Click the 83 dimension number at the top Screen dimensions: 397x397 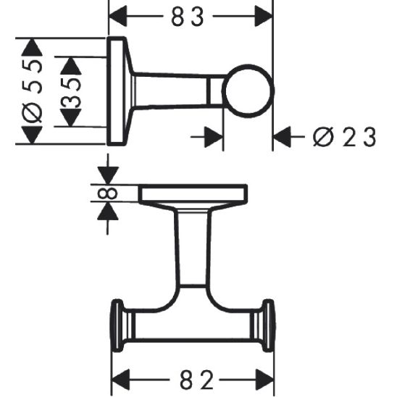point(190,17)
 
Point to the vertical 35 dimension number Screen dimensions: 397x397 point(70,91)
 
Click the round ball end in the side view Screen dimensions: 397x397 point(248,91)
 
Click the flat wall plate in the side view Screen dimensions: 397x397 point(117,91)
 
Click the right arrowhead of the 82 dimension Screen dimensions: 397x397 point(264,379)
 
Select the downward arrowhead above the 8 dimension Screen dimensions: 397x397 point(106,175)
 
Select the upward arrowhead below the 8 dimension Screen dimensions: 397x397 point(106,211)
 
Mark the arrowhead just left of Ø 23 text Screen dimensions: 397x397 point(283,135)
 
